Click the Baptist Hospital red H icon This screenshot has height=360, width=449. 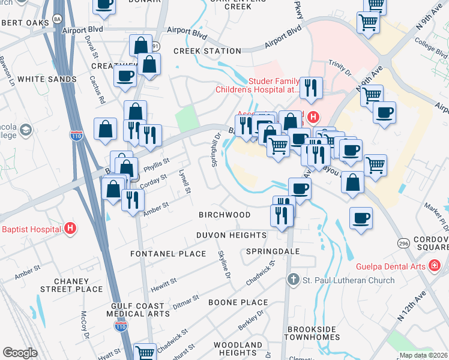[71, 229]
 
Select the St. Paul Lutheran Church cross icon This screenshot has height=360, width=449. [292, 280]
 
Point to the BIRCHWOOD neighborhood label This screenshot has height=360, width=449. [224, 215]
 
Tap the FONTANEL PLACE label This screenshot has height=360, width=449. [168, 254]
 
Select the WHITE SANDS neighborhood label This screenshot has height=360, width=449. [47, 79]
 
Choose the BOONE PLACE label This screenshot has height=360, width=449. [238, 302]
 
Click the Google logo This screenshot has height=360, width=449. [20, 353]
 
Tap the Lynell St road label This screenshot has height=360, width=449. [185, 181]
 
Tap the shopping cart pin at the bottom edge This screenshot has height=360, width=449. [145, 353]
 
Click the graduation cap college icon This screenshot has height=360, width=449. [26, 130]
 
